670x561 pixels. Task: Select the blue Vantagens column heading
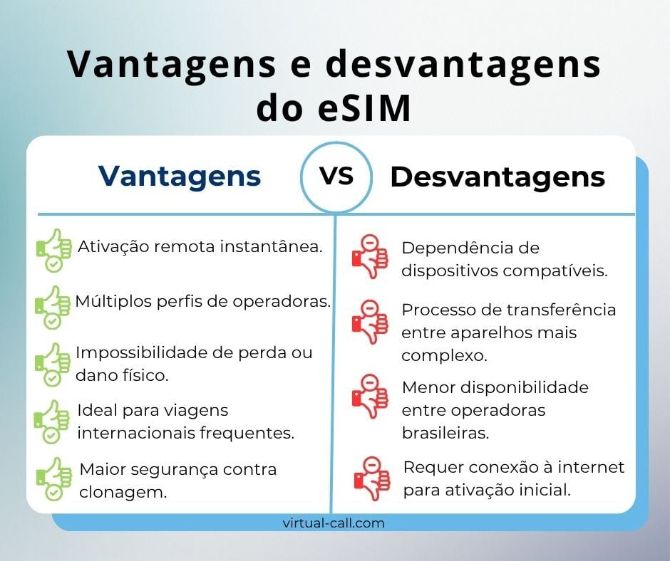click(x=179, y=177)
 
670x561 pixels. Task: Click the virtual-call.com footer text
click(x=334, y=523)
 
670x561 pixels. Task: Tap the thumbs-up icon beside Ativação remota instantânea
click(x=53, y=250)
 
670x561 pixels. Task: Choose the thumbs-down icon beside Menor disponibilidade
click(x=369, y=396)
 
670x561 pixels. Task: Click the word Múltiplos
click(x=109, y=302)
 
